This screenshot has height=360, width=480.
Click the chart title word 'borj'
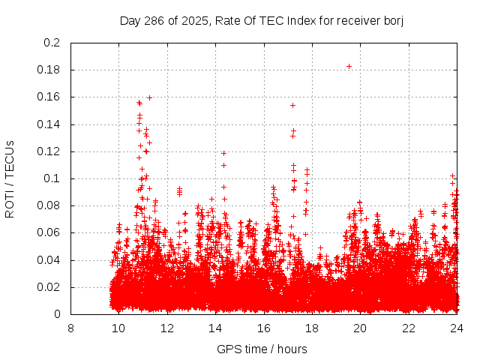point(392,21)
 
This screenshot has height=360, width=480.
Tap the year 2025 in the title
point(193,21)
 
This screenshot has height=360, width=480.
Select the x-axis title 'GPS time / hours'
point(262,349)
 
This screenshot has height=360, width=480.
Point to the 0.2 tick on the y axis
point(52,43)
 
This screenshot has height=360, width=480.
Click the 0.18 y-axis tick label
point(49,70)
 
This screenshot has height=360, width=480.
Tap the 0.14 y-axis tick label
point(49,124)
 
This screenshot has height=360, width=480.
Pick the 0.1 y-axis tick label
point(52,178)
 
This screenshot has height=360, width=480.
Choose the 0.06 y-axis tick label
point(49,232)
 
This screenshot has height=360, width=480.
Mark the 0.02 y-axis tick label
point(49,287)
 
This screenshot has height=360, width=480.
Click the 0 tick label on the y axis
point(58,314)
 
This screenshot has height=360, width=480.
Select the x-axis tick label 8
point(70,328)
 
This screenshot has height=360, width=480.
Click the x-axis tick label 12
point(166,328)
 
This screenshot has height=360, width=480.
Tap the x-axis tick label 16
point(263,328)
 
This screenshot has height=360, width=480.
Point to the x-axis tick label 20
point(360,328)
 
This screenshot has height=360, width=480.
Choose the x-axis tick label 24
point(456,328)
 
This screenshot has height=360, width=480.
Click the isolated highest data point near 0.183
point(349,66)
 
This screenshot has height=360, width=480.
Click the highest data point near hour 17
point(292,105)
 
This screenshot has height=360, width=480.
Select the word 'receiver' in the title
point(355,21)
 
